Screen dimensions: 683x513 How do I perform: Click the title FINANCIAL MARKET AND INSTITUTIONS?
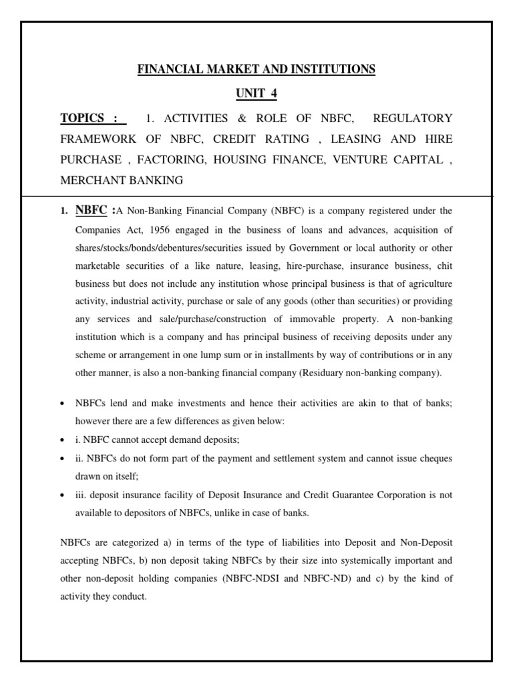point(256,69)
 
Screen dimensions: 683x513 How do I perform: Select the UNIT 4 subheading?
point(256,94)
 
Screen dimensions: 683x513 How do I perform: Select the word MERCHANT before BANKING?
point(92,181)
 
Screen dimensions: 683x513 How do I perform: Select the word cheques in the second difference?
point(435,460)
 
